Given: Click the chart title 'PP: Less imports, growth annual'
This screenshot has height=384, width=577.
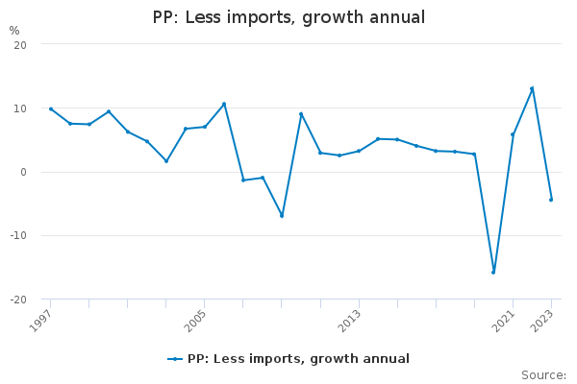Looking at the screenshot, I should pos(288,17).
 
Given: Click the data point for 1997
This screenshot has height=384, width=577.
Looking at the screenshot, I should pos(51,108).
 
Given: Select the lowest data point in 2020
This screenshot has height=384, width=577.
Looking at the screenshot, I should pos(493,272).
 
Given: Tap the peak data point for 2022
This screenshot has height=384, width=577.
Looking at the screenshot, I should pos(532,88).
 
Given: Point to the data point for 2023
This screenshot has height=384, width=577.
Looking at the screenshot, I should pos(551,200).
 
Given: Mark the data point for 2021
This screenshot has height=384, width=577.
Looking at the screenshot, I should pos(513,134).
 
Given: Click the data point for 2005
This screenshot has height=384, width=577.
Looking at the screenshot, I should pos(205,127).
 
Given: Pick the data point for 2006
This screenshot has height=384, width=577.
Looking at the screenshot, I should pos(224,104).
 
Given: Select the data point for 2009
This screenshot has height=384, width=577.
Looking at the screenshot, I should pos(282,215).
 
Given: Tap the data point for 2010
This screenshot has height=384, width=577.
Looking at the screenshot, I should pos(301,113).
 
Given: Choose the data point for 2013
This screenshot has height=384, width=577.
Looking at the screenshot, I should pos(359,151).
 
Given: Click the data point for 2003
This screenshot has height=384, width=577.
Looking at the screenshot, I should pos(166,160).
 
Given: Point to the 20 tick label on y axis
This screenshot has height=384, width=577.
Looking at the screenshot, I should pos(20,45).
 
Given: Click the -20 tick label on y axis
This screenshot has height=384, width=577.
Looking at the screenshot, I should pos(18,300).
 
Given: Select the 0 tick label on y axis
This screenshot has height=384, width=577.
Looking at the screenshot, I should pos(23,173).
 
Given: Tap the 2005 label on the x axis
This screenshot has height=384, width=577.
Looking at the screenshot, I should pos(196,320).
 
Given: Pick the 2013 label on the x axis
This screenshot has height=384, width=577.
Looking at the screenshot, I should pos(350,320).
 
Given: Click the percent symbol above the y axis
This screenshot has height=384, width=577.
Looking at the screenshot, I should pos(14,31).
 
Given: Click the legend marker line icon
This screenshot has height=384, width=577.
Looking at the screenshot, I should pos(175,359).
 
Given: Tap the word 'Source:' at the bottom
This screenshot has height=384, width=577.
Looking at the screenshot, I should pos(543,374).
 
